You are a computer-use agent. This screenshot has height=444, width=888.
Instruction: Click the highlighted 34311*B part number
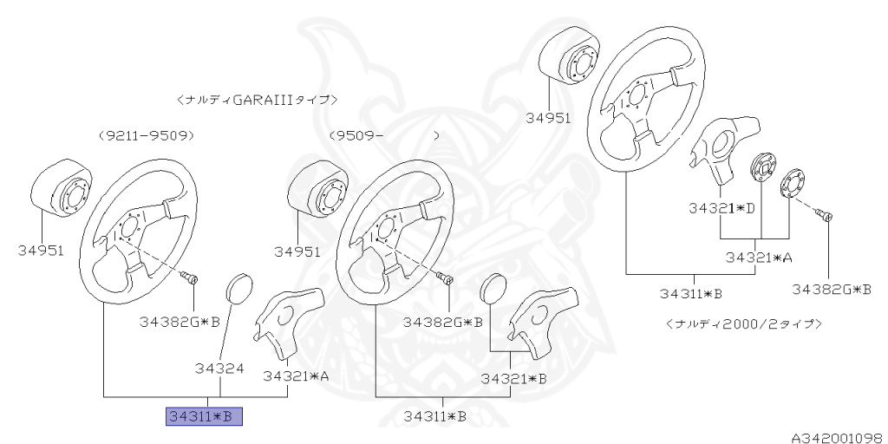coord(205,417)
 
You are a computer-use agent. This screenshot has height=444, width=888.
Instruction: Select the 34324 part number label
coord(219,369)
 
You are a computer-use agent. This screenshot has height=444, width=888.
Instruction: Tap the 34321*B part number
coord(513,379)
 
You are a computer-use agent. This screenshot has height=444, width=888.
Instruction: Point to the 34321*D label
coord(721,209)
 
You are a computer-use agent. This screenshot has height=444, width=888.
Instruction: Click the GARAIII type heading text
coord(257,100)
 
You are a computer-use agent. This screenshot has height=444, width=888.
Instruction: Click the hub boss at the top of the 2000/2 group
coord(568,62)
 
